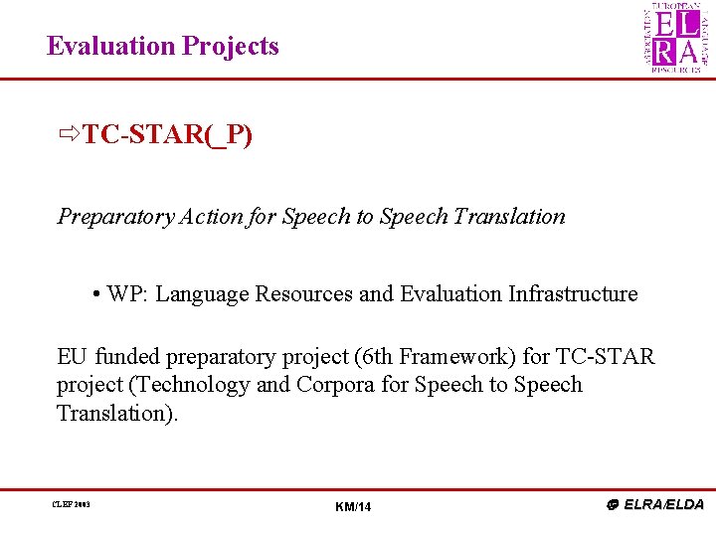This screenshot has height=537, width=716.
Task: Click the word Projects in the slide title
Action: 230,47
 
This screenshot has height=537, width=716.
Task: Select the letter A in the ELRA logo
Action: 687,52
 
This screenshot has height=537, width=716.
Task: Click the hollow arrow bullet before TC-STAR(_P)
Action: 69,134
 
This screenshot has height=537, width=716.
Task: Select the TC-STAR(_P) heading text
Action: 167,134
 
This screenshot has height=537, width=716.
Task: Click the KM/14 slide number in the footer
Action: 353,508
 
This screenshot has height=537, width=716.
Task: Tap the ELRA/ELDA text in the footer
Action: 662,504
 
